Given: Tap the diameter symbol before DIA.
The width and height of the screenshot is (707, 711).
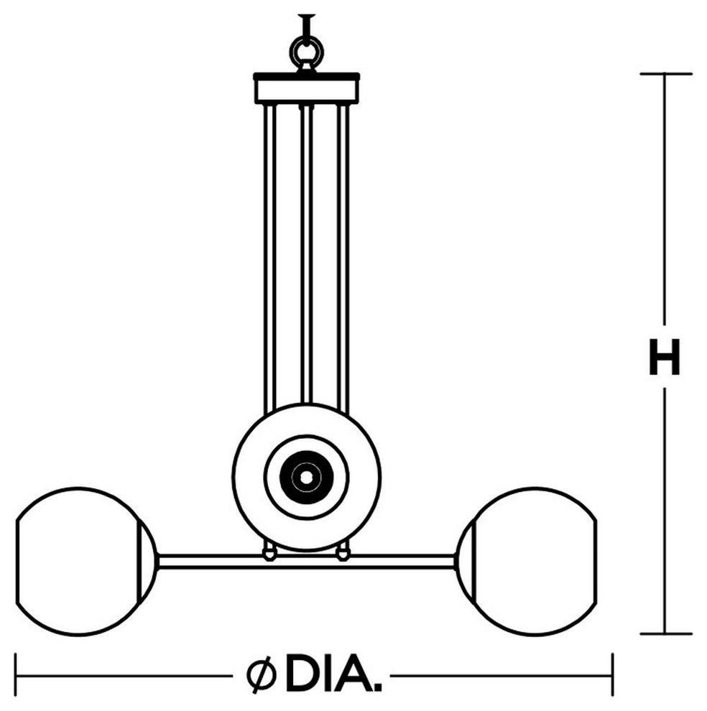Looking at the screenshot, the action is click(262, 676).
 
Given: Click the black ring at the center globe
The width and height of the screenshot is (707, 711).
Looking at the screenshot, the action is click(307, 477).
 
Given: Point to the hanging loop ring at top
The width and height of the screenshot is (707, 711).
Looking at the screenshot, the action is click(307, 52).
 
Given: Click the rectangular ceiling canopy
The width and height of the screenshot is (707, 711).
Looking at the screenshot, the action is click(307, 88).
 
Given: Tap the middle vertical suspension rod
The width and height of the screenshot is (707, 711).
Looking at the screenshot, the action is click(307, 254).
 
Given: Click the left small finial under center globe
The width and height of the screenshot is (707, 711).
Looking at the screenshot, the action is click(269, 553).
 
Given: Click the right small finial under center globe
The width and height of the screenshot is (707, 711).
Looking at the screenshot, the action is click(343, 553).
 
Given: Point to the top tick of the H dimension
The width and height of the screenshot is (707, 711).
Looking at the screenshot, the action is click(666, 73).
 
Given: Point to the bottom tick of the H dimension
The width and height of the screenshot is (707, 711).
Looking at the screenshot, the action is click(666, 633).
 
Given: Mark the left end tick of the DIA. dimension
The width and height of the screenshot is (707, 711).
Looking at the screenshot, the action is click(17, 676).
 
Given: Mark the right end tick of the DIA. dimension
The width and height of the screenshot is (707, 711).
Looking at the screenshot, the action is click(613, 676).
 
